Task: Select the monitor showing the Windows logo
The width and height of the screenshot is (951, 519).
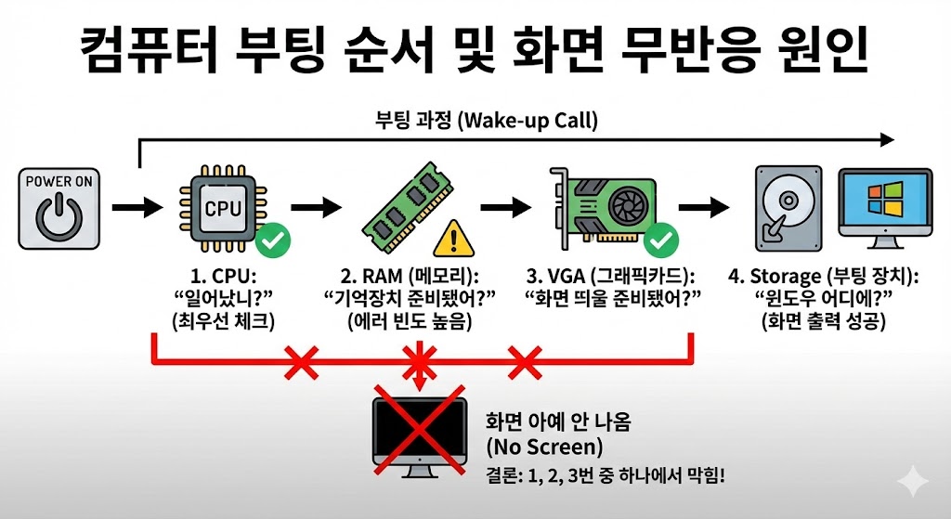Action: click(x=884, y=210)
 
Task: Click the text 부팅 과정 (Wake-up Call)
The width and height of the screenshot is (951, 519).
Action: click(x=486, y=119)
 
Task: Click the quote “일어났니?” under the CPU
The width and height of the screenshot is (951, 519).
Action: click(x=222, y=298)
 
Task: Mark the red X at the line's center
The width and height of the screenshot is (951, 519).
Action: click(x=418, y=360)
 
